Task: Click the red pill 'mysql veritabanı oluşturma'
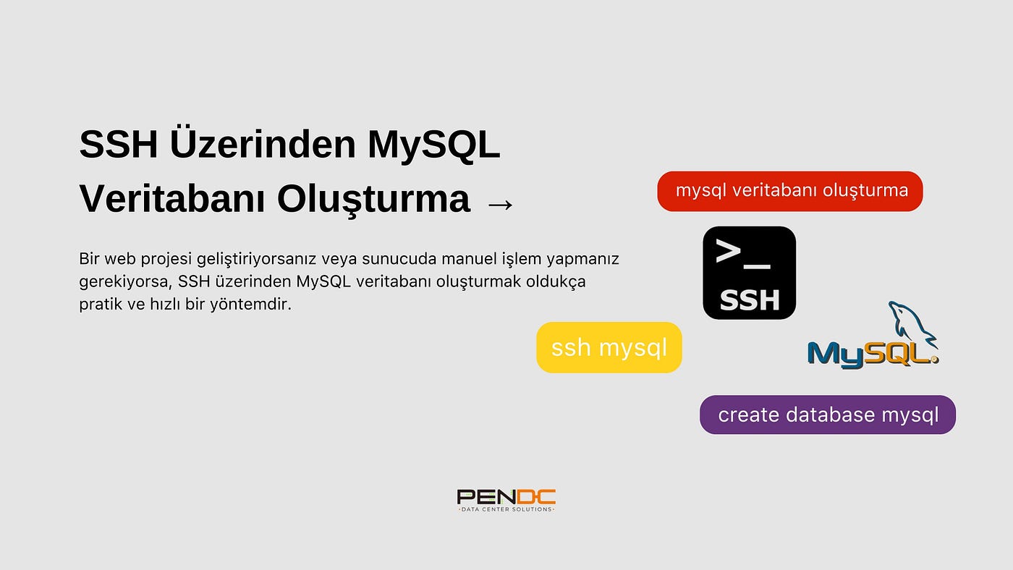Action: (790, 191)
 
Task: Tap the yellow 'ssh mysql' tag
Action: (609, 347)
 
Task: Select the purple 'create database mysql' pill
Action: (828, 414)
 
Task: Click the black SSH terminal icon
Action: (750, 273)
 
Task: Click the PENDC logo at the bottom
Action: (506, 501)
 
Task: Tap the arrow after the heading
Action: (501, 204)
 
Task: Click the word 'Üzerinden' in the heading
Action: (263, 144)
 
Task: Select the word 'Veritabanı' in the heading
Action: (172, 198)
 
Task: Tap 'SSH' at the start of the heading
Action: (119, 144)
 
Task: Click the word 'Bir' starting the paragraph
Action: (89, 259)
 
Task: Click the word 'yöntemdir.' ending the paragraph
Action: (251, 305)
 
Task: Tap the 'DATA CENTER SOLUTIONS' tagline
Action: (506, 509)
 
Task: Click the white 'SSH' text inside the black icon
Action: (750, 300)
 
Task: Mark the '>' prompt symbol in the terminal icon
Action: (728, 251)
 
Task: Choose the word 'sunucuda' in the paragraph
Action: (399, 259)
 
